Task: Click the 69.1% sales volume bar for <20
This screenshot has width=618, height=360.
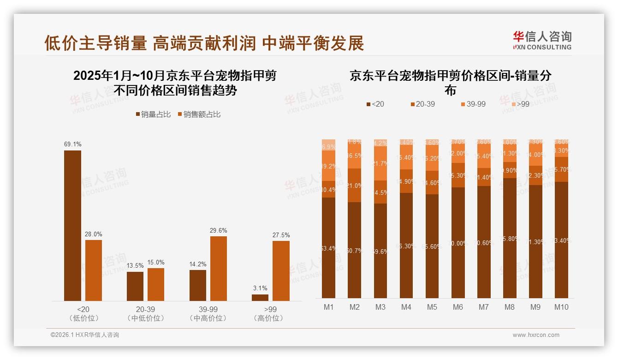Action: tap(72, 226)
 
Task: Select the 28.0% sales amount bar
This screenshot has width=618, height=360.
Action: tap(94, 270)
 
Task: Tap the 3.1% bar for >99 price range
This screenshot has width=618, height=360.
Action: tap(260, 298)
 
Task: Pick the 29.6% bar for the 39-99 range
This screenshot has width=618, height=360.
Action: tap(219, 269)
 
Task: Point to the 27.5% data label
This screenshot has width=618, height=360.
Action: tap(281, 235)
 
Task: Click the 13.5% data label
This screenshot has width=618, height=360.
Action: tap(135, 266)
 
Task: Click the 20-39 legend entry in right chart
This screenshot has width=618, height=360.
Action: tap(422, 104)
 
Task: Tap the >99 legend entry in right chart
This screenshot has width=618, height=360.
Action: tap(519, 104)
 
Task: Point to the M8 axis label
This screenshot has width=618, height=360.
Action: tap(510, 307)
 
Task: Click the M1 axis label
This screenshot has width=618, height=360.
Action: tap(329, 307)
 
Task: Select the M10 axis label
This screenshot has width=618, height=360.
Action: tap(561, 307)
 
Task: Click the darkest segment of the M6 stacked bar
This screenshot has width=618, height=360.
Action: tap(458, 243)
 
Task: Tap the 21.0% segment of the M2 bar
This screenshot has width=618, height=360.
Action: tap(355, 186)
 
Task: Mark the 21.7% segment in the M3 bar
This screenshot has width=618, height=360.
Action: tap(380, 163)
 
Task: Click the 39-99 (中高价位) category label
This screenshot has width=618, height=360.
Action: tap(208, 313)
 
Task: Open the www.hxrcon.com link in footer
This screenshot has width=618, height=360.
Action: tap(536, 335)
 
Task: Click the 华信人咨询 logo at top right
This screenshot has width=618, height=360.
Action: tap(542, 41)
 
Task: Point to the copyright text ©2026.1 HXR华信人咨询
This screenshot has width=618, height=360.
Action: tap(85, 335)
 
